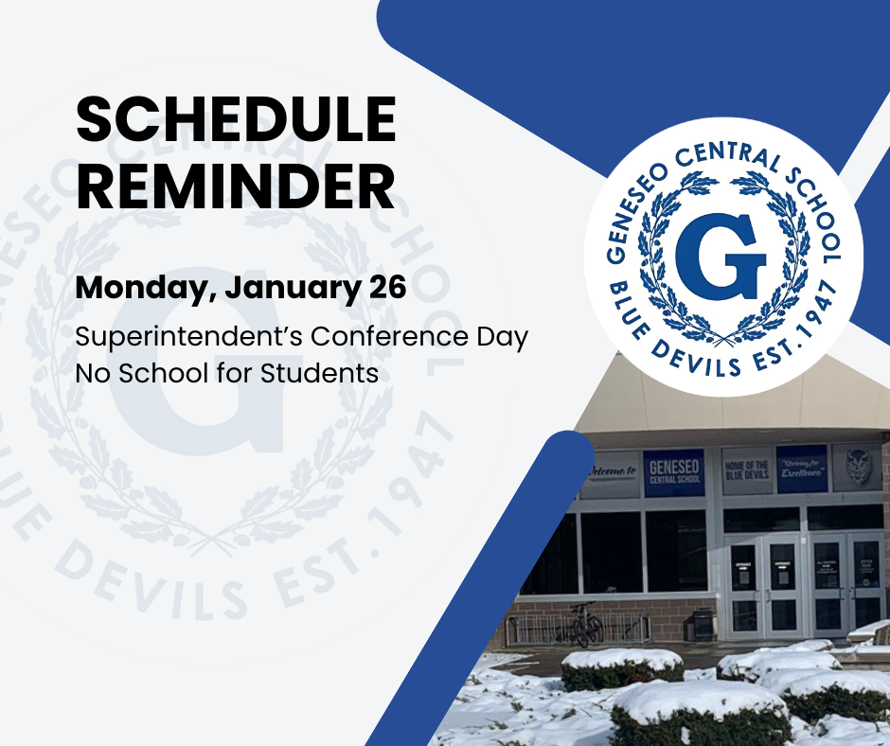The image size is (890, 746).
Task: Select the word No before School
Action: pyautogui.click(x=92, y=373)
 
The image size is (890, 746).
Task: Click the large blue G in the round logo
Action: pyautogui.click(x=721, y=258)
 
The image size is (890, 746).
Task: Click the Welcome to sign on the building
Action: pyautogui.click(x=609, y=473)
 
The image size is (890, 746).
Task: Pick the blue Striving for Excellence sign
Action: pyautogui.click(x=802, y=469)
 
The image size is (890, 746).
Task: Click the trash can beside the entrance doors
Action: pyautogui.click(x=703, y=625)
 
